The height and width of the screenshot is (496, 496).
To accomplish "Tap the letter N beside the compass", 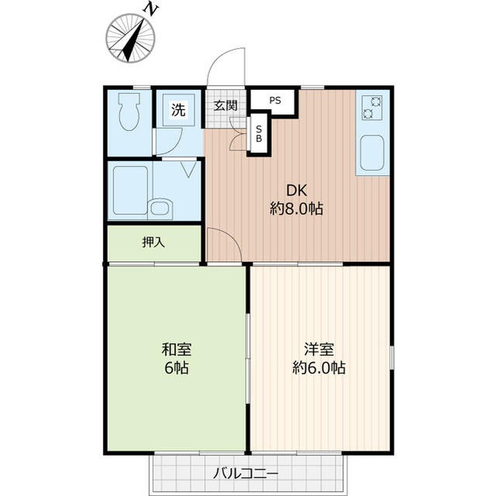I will pos(152,9).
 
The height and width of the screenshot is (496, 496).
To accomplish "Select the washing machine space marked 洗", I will pos(177,109).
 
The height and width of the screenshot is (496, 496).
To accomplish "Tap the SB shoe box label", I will pos(259,133).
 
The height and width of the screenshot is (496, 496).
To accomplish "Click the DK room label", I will pos(297,190).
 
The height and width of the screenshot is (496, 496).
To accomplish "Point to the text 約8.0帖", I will pos(297,208).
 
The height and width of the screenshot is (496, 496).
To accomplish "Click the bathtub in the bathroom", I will pos(129,190).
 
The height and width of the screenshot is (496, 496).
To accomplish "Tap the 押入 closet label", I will pos(153,243).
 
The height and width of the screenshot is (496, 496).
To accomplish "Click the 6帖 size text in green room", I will pos(177,367).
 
